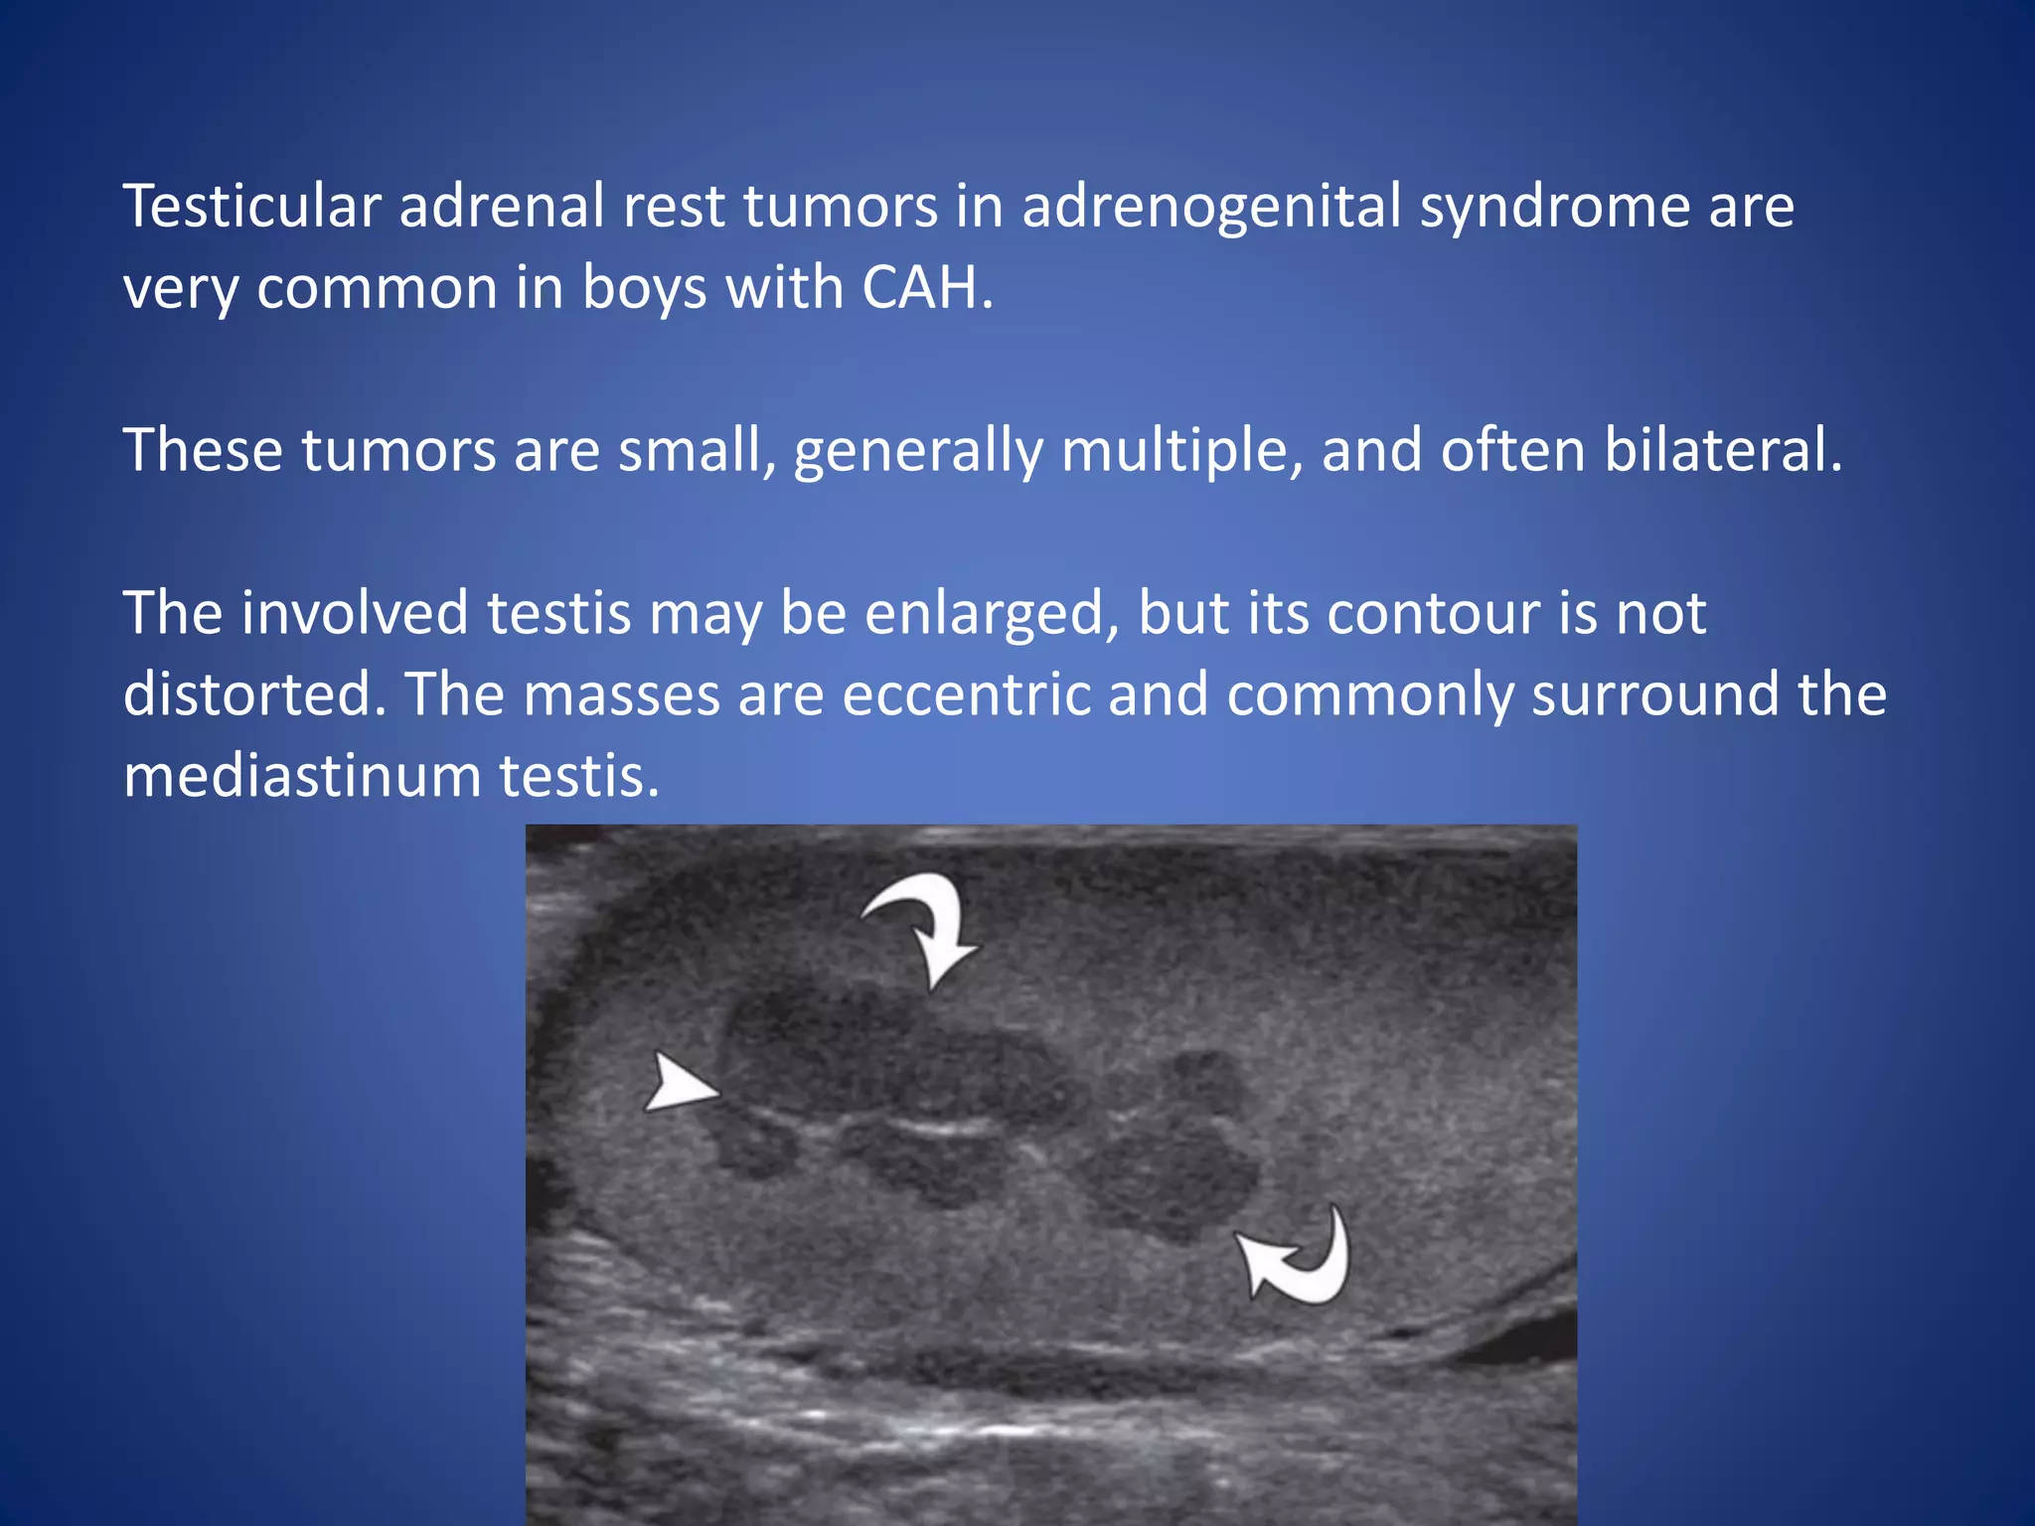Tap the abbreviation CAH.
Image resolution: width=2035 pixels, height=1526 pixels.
926,288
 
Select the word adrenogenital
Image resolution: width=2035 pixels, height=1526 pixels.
1211,207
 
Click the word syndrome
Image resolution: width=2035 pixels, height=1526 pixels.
1554,207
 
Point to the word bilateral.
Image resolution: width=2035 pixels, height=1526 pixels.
1723,450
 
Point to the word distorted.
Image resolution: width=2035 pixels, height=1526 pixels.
254,694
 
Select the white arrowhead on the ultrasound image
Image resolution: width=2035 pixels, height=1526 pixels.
678,1084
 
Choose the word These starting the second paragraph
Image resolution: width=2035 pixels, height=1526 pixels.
203,450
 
